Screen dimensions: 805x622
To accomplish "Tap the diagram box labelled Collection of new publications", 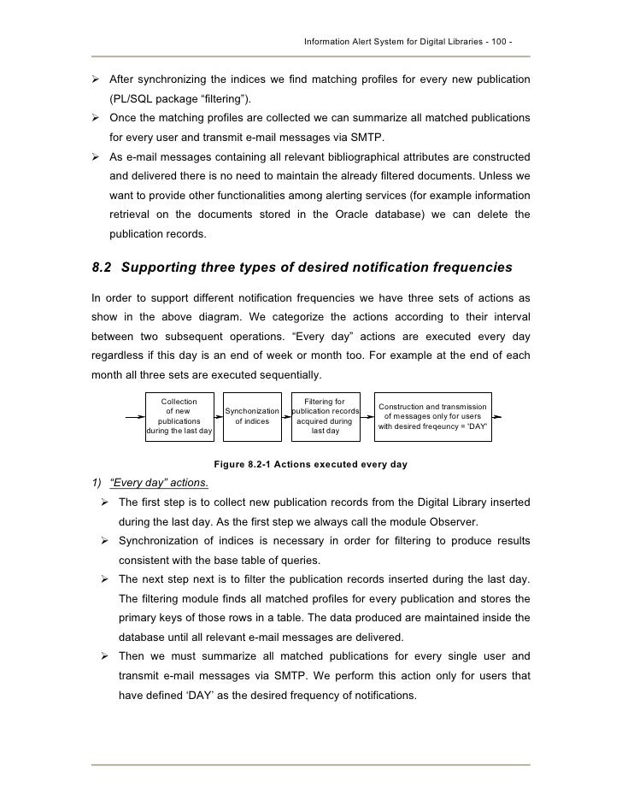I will [x=179, y=416].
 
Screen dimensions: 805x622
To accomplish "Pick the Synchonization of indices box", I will [x=252, y=416].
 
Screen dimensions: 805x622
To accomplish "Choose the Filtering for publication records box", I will [x=325, y=416].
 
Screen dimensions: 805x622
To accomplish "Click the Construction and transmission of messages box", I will [x=432, y=416].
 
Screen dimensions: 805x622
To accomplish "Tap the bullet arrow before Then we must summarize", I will [x=106, y=657].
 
